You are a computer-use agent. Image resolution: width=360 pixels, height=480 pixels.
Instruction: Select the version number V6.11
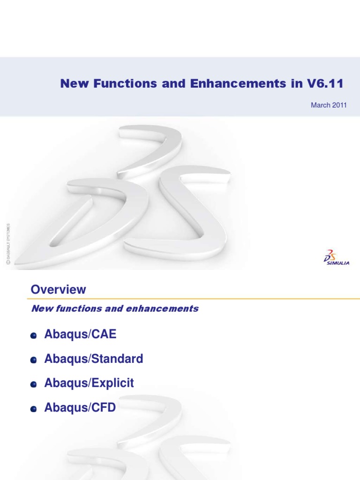(326, 84)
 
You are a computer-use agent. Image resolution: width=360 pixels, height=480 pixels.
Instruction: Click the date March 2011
(329, 105)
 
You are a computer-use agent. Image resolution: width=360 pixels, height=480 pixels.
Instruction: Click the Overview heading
(59, 290)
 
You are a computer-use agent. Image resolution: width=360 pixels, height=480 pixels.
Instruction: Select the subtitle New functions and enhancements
(114, 308)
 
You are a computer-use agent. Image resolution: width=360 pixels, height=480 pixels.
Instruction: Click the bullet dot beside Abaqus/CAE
(33, 336)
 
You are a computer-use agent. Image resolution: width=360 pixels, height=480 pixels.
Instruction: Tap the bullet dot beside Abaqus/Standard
(33, 360)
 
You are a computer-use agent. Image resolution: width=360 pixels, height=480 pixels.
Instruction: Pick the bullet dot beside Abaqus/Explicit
(33, 385)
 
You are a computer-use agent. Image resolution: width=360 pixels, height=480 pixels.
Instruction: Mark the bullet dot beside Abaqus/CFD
(33, 409)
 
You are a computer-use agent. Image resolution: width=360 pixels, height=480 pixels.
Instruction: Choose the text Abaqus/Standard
(93, 360)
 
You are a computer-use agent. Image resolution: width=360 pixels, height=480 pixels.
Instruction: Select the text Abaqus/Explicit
(89, 383)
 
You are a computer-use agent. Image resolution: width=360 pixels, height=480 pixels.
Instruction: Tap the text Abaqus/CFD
(79, 408)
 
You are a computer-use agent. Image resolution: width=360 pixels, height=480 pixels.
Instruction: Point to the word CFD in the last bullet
(104, 408)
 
